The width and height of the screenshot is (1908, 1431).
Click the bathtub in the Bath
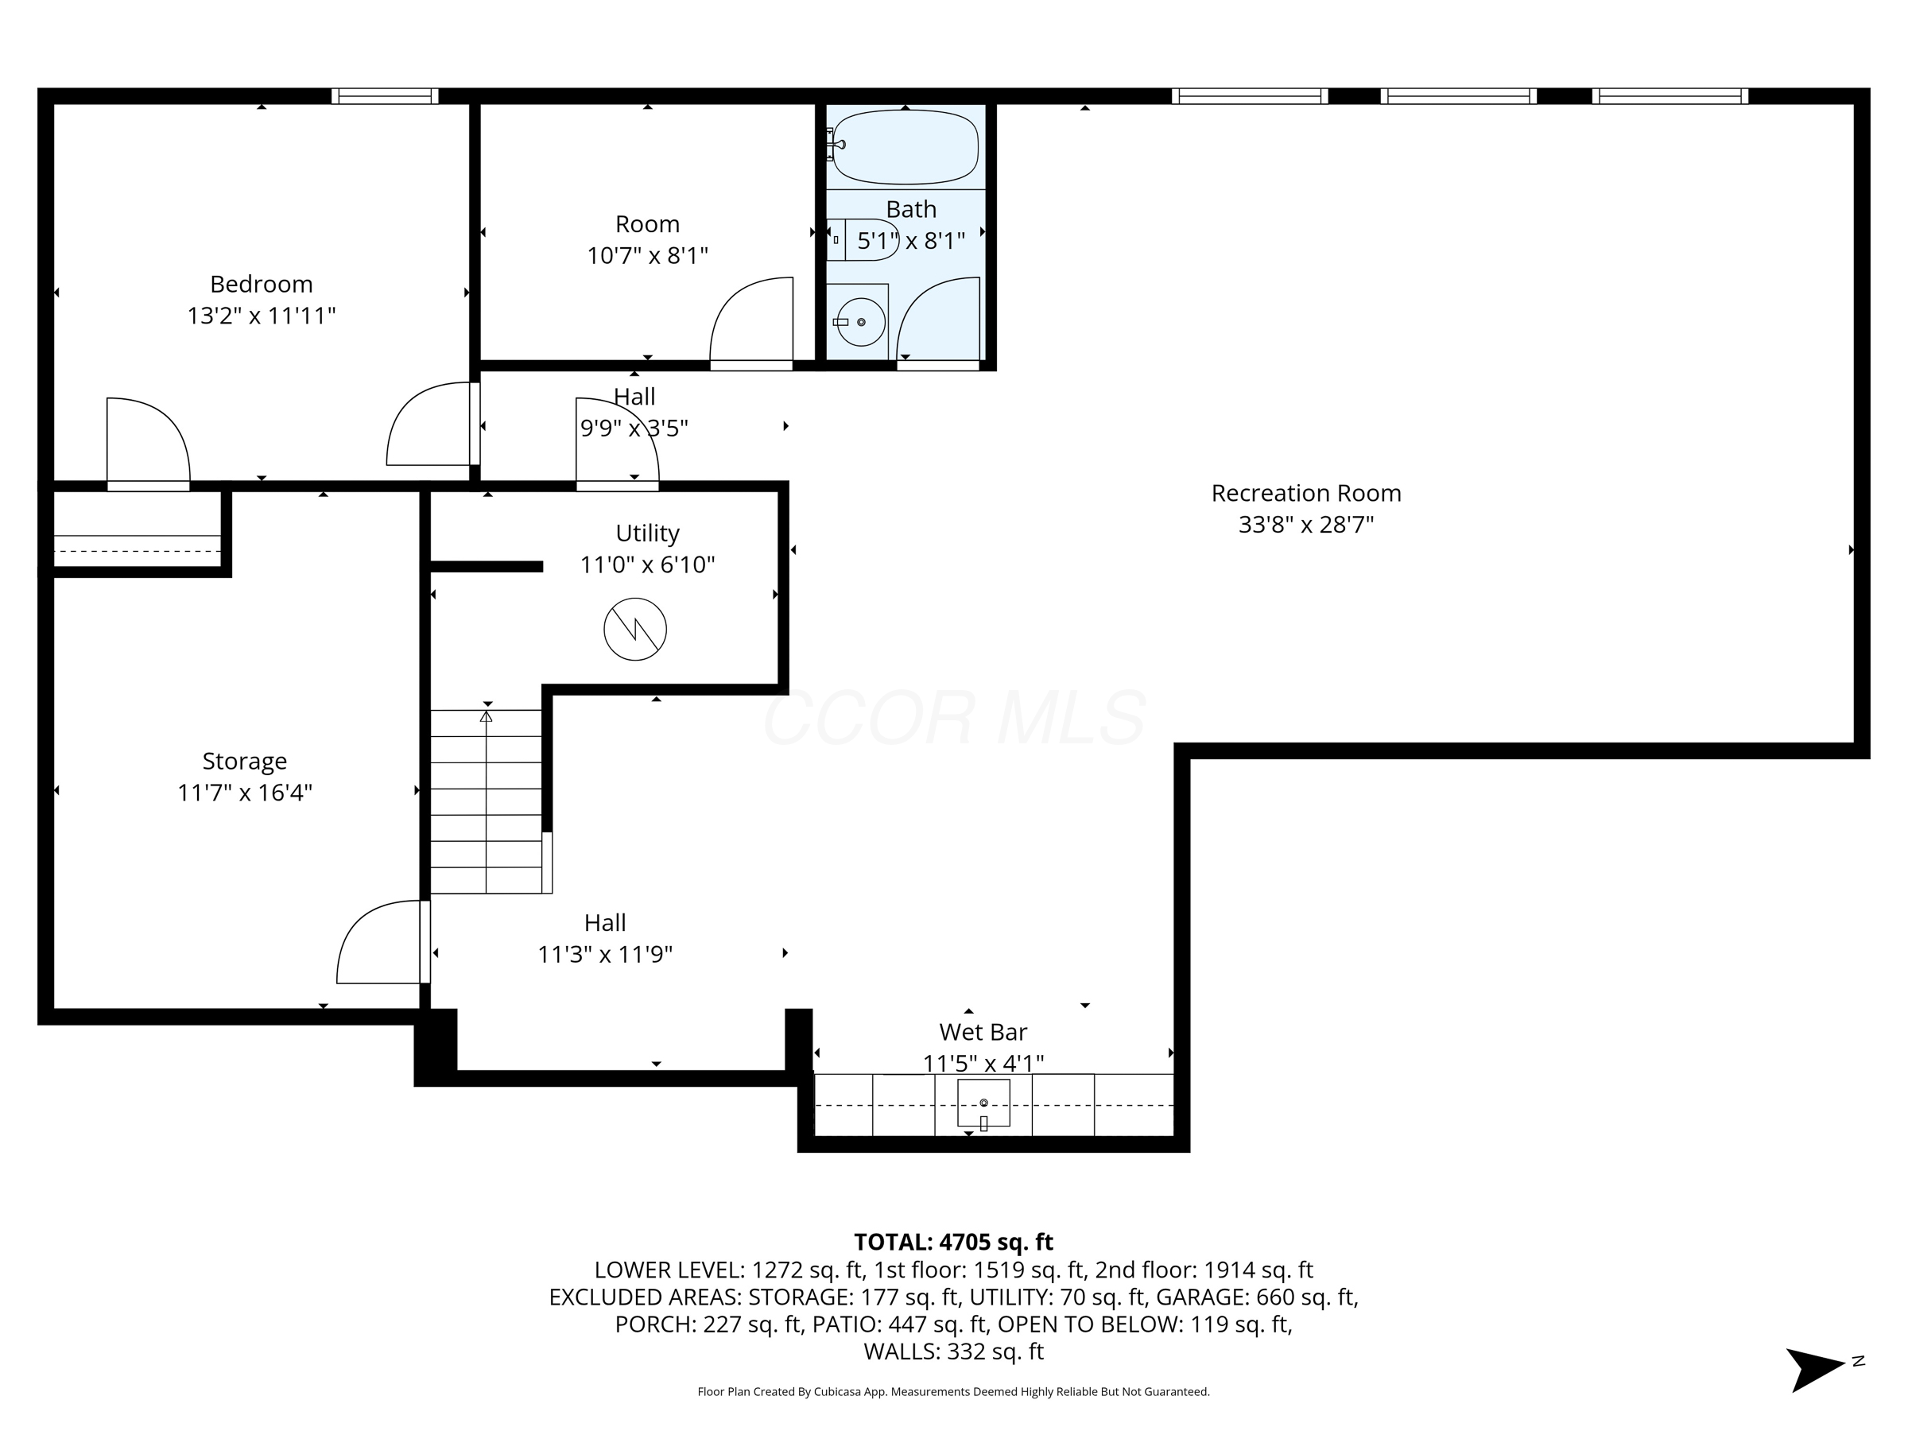tap(905, 146)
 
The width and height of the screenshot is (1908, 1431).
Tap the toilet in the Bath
tap(863, 240)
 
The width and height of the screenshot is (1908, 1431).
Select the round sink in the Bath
tap(861, 322)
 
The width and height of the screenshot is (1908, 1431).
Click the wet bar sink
tap(983, 1103)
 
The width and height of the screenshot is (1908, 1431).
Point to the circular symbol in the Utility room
tap(635, 630)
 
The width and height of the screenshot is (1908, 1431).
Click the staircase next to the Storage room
tap(487, 801)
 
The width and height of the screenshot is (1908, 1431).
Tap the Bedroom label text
tap(262, 284)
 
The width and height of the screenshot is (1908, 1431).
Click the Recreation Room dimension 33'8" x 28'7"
tap(1305, 525)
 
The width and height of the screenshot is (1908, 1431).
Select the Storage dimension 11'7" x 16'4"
tap(244, 793)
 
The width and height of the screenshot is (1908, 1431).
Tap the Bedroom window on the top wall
tap(385, 95)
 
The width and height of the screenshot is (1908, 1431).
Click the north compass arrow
tap(1815, 1368)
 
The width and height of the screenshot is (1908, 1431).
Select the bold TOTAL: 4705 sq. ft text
tap(953, 1242)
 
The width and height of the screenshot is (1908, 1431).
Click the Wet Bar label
tap(983, 1032)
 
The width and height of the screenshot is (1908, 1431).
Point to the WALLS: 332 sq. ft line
tap(953, 1351)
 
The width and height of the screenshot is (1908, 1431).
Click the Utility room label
tap(647, 533)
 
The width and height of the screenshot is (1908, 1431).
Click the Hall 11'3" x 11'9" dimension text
tap(605, 955)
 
